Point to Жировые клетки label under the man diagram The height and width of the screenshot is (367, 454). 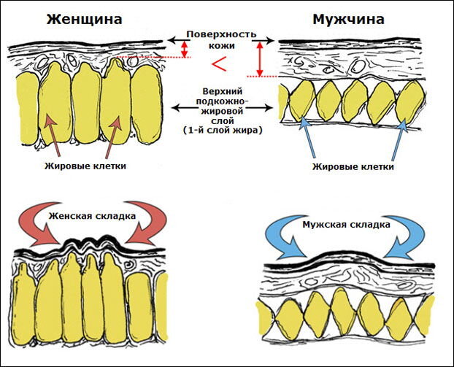pyautogui.click(x=353, y=167)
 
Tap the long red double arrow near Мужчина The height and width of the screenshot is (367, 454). pyautogui.click(x=259, y=58)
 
